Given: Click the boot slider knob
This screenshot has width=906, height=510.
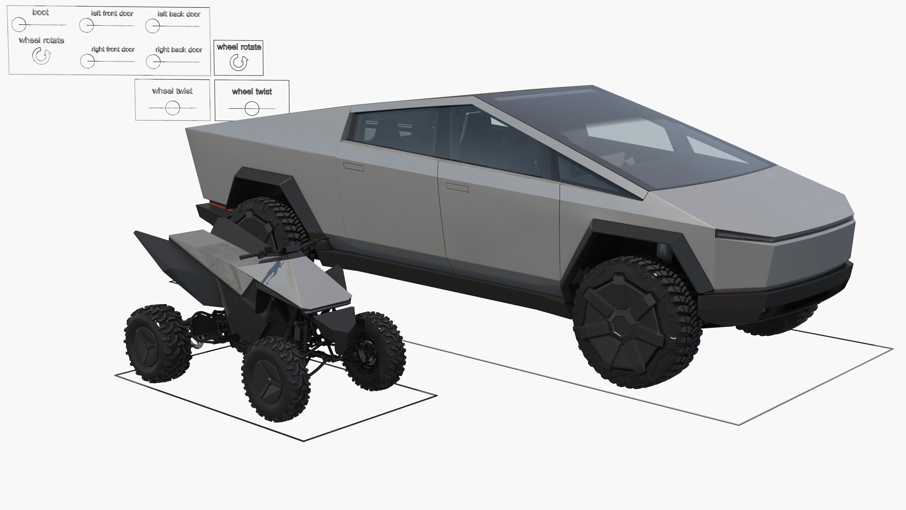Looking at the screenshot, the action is click(19, 24).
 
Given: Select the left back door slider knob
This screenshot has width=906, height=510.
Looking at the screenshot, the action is click(152, 26).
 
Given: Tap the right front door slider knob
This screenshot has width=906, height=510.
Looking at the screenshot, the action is click(87, 61).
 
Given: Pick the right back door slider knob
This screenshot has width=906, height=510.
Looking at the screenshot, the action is click(153, 61).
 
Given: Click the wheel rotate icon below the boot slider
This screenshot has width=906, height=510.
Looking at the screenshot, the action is click(42, 56).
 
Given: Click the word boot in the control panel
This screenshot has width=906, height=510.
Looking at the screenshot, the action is click(41, 12).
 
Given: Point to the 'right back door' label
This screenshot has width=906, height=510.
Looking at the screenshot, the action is click(179, 50).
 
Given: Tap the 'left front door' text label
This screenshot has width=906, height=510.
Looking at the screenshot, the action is click(112, 13).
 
